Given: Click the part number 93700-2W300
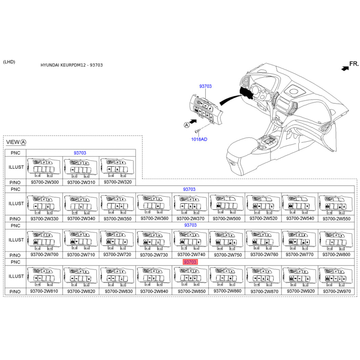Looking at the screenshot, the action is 45,182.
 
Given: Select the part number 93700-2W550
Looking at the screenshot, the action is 336,219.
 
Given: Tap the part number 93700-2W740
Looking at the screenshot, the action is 191,255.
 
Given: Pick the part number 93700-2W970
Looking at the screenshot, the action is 337,291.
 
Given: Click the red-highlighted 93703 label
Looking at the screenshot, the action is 190,262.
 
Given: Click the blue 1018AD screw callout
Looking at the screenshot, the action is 199,139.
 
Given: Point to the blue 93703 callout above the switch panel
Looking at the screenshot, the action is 206,86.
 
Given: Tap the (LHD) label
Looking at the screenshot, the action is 9,62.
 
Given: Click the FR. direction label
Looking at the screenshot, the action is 354,63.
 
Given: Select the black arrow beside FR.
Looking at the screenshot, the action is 345,68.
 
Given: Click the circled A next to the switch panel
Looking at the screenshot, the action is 187,125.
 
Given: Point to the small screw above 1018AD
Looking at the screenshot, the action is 197,131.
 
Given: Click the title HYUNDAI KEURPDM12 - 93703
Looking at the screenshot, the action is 72,65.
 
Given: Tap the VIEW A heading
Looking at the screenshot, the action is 16,142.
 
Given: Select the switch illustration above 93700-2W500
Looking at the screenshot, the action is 227,204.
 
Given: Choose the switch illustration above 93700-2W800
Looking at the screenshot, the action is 336,240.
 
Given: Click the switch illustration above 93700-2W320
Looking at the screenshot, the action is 117,167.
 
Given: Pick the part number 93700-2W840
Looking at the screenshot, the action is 154,291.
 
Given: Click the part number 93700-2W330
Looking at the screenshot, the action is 45,219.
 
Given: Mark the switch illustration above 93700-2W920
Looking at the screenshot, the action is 299,276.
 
